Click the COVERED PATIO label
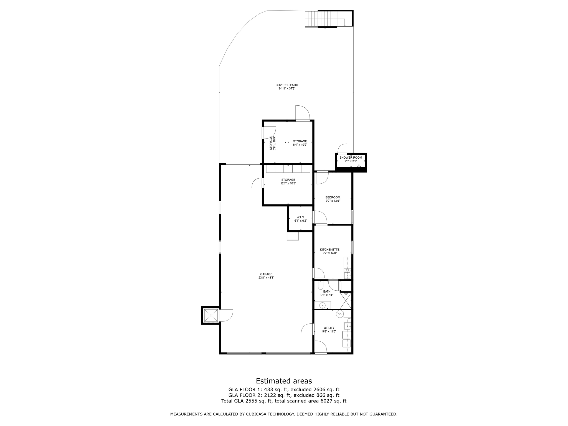pos(286,85)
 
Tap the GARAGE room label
pos(266,274)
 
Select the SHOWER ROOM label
pos(351,158)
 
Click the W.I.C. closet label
pos(300,217)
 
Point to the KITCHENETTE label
pos(329,250)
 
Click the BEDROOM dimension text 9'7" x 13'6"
pos(333,201)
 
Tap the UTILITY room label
pos(329,328)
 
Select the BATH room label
pos(327,291)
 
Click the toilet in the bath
pos(320,285)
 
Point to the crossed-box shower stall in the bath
pos(346,301)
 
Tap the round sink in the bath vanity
pos(322,306)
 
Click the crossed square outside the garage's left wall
pos(211,315)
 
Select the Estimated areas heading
pos(284,381)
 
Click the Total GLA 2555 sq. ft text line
pos(284,401)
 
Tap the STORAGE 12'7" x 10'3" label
pos(288,181)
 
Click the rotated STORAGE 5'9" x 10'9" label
pos(273,143)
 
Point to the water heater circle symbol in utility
pos(339,314)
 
